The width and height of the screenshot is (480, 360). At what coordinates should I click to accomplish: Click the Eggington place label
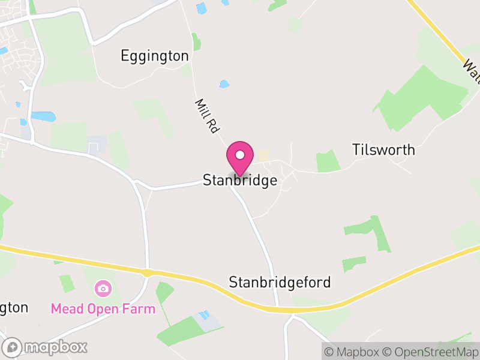point(155,56)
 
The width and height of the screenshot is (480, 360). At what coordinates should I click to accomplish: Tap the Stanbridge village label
point(240,180)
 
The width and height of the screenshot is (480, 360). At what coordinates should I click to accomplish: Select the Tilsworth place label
point(383,149)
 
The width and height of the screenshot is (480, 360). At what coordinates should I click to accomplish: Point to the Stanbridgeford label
point(280,282)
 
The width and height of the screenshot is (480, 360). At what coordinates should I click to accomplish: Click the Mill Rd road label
point(205,116)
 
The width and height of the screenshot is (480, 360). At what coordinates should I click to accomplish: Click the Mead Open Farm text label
point(103,309)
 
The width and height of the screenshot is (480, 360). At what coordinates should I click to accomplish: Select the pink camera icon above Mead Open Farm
point(103,289)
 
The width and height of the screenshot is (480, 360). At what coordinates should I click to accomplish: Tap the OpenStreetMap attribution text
point(431,352)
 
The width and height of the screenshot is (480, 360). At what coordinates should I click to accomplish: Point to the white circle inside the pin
point(240,155)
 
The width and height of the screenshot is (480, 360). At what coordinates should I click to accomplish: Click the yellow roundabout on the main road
point(147,273)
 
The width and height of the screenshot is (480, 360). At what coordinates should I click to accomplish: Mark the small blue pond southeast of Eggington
point(224,84)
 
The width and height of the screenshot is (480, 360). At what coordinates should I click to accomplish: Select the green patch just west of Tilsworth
point(328,161)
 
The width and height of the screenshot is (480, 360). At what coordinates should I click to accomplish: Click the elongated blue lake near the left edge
point(41,116)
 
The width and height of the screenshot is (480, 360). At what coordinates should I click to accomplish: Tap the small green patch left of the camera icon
point(67,283)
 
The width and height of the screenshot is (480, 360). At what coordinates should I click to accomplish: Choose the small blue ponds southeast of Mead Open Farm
point(205,315)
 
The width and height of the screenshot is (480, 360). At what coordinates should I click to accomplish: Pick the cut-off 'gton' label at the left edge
point(14,308)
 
